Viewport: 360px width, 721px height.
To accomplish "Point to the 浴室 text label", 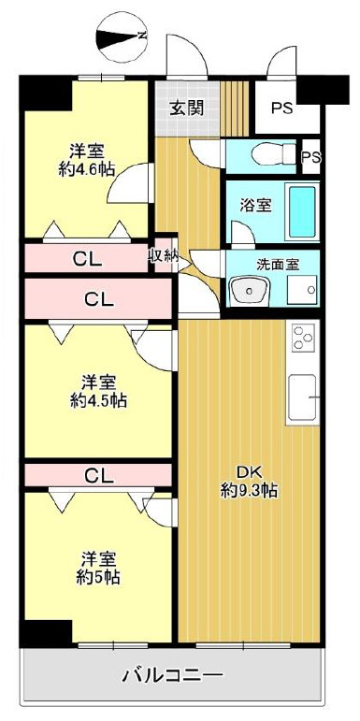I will [x=254, y=205].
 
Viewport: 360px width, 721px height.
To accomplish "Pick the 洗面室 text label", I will [x=279, y=264].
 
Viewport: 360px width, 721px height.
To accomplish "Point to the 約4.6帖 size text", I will [x=86, y=169].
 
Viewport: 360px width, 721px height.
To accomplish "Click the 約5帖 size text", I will [x=98, y=577].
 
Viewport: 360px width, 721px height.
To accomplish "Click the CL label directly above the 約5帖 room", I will [x=98, y=475].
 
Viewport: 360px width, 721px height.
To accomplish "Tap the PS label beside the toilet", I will [x=310, y=156].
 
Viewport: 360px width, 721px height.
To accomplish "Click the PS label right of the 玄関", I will [x=282, y=108].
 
